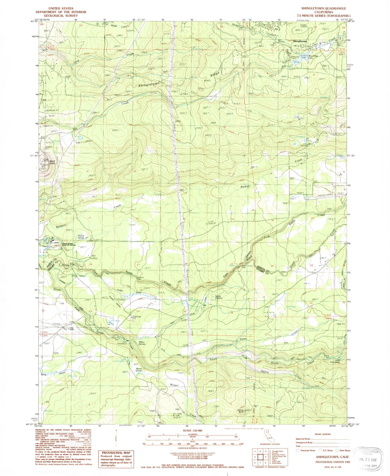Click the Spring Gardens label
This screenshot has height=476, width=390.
(218, 297)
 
